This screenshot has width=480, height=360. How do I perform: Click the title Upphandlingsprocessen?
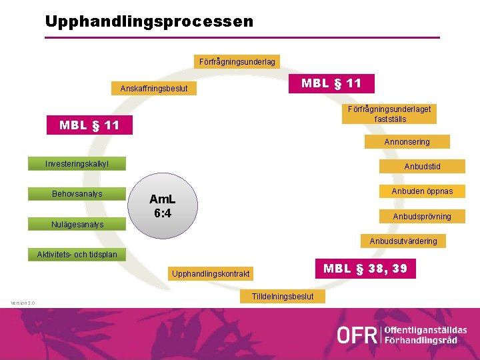coord(149,21)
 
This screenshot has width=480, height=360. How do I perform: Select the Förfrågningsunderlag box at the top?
coord(237,61)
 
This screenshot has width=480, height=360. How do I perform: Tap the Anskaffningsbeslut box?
coord(154,89)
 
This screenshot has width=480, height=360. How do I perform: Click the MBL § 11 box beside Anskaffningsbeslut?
coord(331,83)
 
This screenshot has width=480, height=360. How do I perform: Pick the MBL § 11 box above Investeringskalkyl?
coord(89,125)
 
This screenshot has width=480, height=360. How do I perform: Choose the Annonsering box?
coord(407,141)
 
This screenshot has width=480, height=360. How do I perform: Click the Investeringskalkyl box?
coord(77,163)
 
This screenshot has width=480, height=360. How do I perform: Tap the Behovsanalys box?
coord(77,194)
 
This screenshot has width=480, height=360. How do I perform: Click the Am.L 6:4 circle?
coord(163,206)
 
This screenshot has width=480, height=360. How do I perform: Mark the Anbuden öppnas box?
coord(422,191)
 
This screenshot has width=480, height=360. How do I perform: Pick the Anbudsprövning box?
coord(422,216)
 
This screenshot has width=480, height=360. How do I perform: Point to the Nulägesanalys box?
coord(77,224)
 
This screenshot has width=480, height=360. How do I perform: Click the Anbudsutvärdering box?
coord(403,241)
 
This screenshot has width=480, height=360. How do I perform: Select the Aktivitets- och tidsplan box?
coord(77,254)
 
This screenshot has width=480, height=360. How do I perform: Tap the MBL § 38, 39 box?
coord(364,269)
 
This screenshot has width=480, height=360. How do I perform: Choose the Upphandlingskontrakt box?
coord(211,274)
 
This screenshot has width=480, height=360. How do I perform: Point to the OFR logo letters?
coord(357,335)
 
